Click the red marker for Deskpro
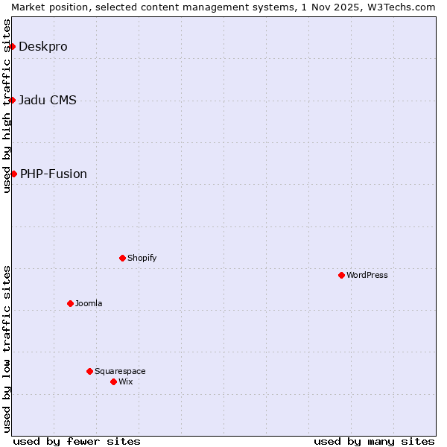pyautogui.click(x=12, y=46)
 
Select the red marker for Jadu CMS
pyautogui.click(x=12, y=100)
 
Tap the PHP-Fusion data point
pyautogui.click(x=13, y=174)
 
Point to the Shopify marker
pyautogui.click(x=122, y=258)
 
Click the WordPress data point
pyautogui.click(x=341, y=275)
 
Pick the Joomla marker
pyautogui.click(x=70, y=303)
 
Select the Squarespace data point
pyautogui.click(x=89, y=371)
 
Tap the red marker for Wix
pyautogui.click(x=113, y=381)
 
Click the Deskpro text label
pyautogui.click(x=43, y=46)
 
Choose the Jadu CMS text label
pyautogui.click(x=48, y=100)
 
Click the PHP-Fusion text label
pyautogui.click(x=54, y=174)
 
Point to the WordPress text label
pyautogui.click(x=367, y=275)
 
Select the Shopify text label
pyautogui.click(x=142, y=258)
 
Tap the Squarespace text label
pyautogui.click(x=120, y=371)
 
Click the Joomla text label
pyautogui.click(x=89, y=303)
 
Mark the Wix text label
pyautogui.click(x=126, y=381)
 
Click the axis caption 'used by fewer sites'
pyautogui.click(x=77, y=441)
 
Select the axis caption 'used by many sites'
pyautogui.click(x=374, y=441)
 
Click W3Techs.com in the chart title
pyautogui.click(x=405, y=7)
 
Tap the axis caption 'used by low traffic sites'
pyautogui.click(x=7, y=349)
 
